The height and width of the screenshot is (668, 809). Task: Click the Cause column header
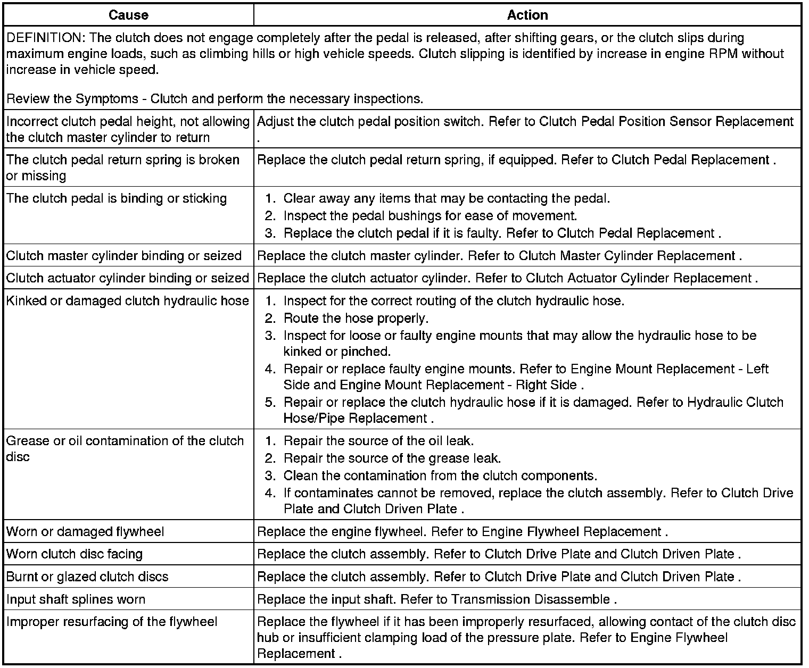[x=128, y=15]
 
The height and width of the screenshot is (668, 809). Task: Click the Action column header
[x=527, y=15]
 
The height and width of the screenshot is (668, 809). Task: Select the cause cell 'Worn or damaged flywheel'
[x=85, y=531]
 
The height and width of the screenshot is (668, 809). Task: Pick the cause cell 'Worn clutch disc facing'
[x=75, y=554]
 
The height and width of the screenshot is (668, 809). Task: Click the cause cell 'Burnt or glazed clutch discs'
[x=87, y=577]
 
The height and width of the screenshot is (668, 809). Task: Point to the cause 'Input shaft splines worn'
[x=76, y=599]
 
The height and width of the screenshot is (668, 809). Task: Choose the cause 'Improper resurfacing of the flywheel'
[x=112, y=622]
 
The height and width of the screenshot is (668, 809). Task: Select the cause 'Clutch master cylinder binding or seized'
[x=124, y=255]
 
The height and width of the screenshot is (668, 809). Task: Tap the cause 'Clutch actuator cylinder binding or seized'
[x=128, y=278]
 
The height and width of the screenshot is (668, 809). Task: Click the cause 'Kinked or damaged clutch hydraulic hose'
[x=128, y=301]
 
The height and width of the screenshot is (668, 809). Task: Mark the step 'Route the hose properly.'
[x=356, y=319]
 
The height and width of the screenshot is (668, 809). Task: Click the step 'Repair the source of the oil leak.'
[x=378, y=441]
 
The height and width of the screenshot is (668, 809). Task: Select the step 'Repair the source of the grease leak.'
[x=392, y=458]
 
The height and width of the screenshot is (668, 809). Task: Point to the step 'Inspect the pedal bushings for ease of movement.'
[x=430, y=216]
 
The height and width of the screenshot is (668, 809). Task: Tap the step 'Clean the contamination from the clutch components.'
[x=440, y=475]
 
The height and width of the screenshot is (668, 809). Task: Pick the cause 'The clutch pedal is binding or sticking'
[x=117, y=198]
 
